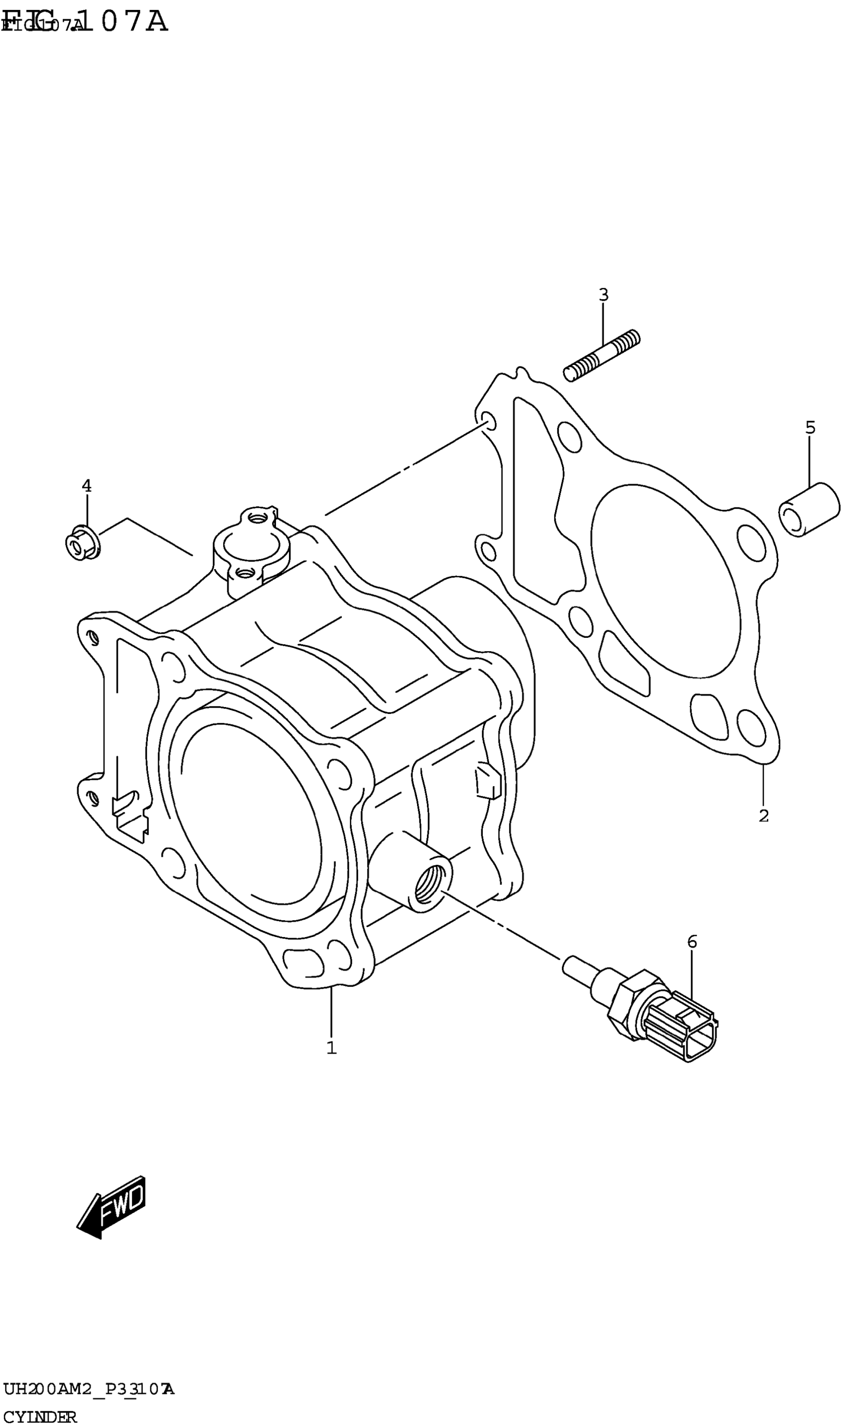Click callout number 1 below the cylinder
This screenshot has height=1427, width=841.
click(331, 1048)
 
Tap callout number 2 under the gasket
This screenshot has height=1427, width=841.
click(763, 816)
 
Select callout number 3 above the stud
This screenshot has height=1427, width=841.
click(604, 295)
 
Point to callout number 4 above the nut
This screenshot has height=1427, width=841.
click(86, 485)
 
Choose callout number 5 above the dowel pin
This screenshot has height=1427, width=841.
click(810, 428)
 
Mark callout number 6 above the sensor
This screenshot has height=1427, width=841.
click(692, 942)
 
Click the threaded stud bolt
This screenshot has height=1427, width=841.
click(602, 356)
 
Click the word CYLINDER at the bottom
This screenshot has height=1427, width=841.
click(40, 1417)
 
